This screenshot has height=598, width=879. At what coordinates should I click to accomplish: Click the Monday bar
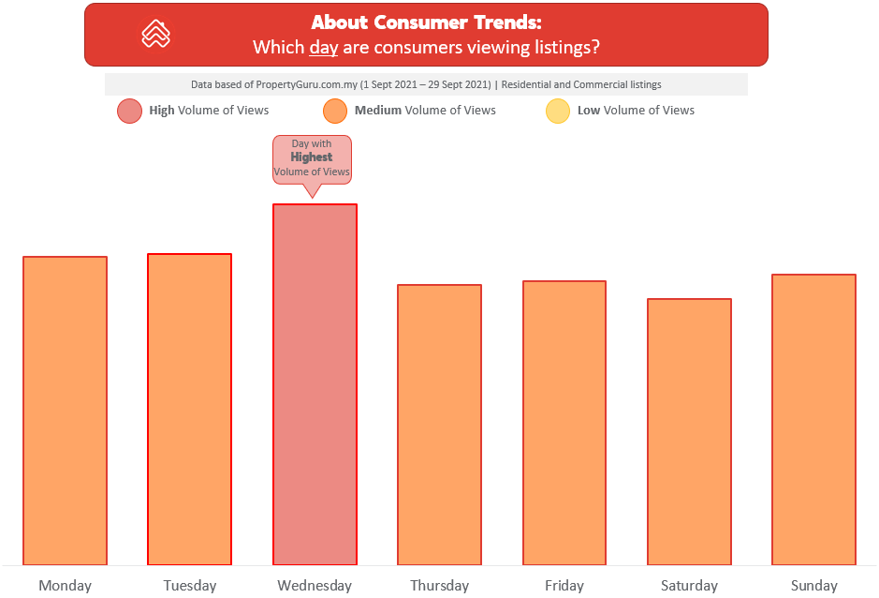click(x=65, y=411)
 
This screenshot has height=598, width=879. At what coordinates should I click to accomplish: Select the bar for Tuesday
click(x=189, y=410)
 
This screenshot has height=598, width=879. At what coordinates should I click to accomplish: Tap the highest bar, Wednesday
click(x=315, y=384)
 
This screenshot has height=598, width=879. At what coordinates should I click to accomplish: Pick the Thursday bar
click(x=440, y=425)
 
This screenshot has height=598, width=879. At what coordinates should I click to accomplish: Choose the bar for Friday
click(x=564, y=423)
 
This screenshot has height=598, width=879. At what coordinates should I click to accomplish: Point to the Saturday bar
click(x=690, y=432)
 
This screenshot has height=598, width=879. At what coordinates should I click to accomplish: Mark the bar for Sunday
click(x=814, y=419)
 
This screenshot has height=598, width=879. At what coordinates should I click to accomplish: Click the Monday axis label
click(x=65, y=586)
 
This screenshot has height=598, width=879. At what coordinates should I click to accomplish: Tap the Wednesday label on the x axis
click(x=315, y=586)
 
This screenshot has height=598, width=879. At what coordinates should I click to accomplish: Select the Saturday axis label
click(x=690, y=586)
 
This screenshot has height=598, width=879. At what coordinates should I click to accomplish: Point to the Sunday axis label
click(x=814, y=586)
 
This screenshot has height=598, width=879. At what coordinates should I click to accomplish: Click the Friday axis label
click(x=564, y=586)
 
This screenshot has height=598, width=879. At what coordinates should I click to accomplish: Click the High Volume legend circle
click(x=129, y=111)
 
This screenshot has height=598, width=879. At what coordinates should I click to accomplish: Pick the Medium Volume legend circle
click(x=335, y=111)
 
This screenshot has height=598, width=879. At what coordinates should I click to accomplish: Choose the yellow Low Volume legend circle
click(x=558, y=111)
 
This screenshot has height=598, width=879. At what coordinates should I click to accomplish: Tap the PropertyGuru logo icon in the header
click(x=155, y=35)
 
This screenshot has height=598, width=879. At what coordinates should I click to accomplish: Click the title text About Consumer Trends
click(x=427, y=22)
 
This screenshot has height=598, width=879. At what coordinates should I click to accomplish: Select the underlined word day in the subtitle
click(x=324, y=48)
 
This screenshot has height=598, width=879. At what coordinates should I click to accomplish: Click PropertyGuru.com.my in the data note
click(x=307, y=84)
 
